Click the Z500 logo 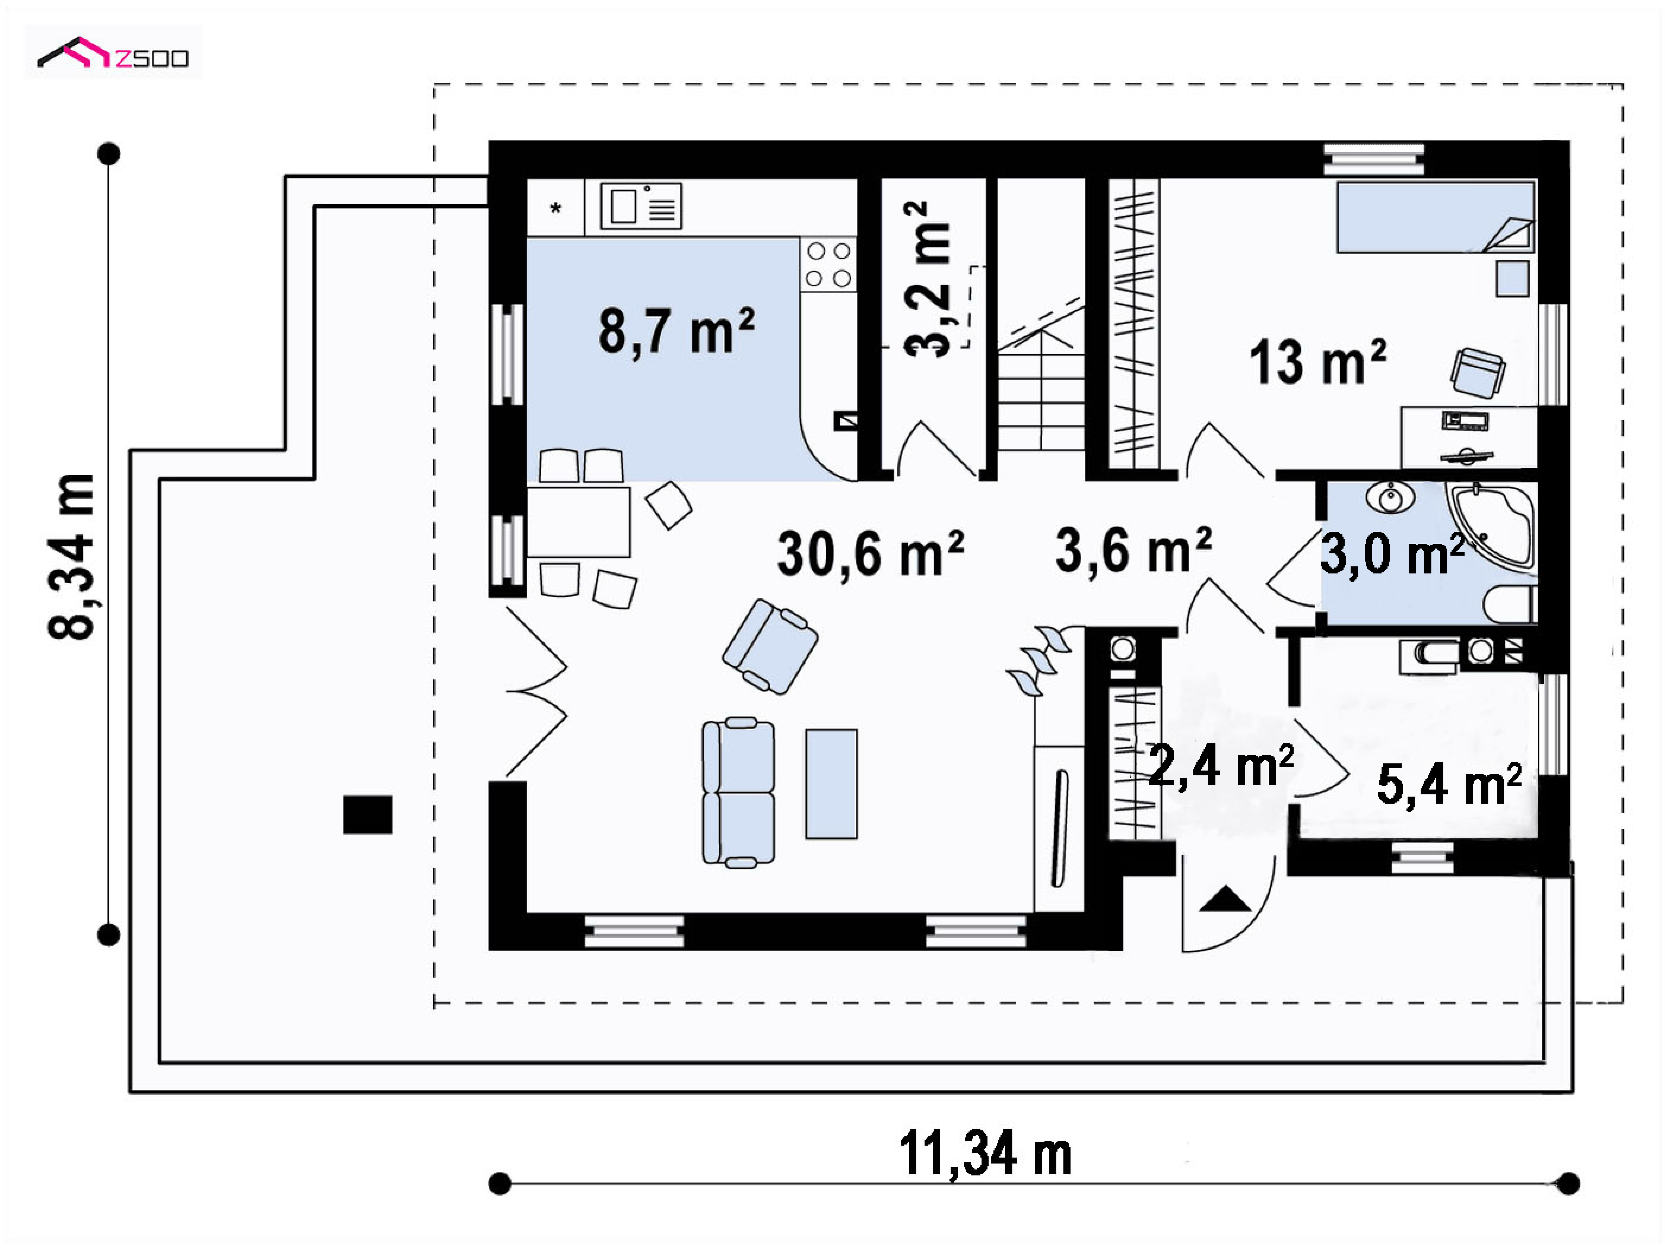click(113, 53)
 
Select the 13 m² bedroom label click(1317, 363)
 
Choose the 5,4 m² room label click(1449, 785)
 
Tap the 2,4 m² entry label click(1221, 767)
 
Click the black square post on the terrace click(367, 815)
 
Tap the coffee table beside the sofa click(831, 784)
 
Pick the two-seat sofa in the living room click(738, 792)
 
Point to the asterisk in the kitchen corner click(555, 209)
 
